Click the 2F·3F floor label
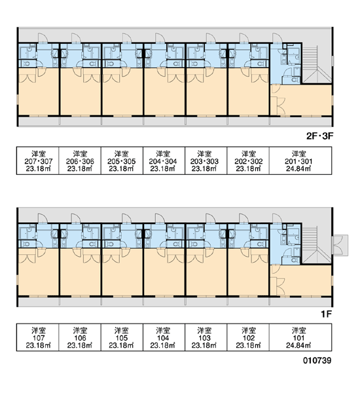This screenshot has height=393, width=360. [320, 136]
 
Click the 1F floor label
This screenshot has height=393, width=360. [327, 314]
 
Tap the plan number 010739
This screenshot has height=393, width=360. [317, 360]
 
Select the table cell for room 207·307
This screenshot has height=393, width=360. [38, 160]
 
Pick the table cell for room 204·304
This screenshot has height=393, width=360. [164, 160]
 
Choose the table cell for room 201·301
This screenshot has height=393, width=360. [300, 160]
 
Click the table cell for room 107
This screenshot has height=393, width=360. [38, 337]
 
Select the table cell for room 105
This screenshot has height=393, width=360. [122, 337]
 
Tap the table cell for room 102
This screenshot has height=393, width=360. [248, 337]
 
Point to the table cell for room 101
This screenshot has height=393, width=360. [300, 337]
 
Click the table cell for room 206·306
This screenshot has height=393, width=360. [80, 160]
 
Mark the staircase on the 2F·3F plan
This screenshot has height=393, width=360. [317, 64]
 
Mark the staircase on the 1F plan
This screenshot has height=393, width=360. [317, 244]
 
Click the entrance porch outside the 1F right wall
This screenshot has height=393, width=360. [340, 245]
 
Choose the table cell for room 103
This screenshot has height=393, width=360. [206, 337]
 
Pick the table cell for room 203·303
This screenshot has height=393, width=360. [206, 160]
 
